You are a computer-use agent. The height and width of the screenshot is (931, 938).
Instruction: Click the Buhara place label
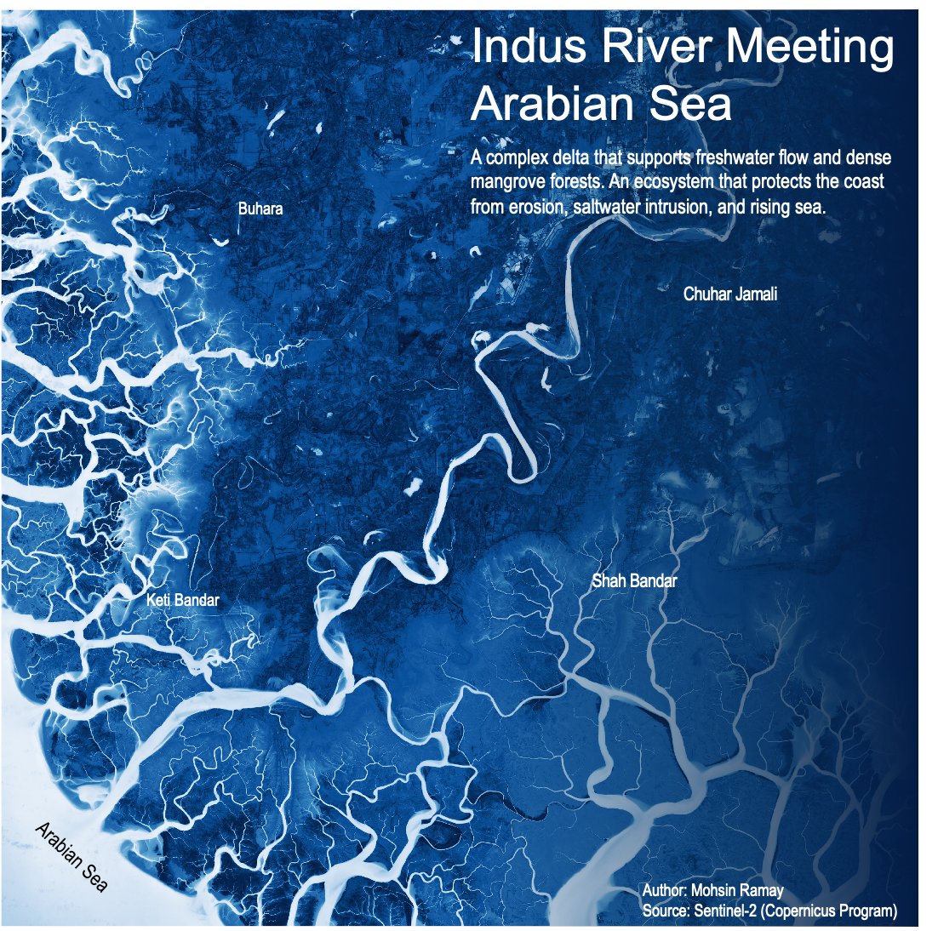[x=260, y=208]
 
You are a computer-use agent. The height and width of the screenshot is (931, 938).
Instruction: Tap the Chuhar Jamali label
[x=730, y=294]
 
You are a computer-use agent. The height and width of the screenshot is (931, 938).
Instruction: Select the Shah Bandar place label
[x=634, y=581]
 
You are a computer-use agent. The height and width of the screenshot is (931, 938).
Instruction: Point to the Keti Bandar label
[x=183, y=600]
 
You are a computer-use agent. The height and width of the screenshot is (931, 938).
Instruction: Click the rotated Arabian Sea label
[x=71, y=857]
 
